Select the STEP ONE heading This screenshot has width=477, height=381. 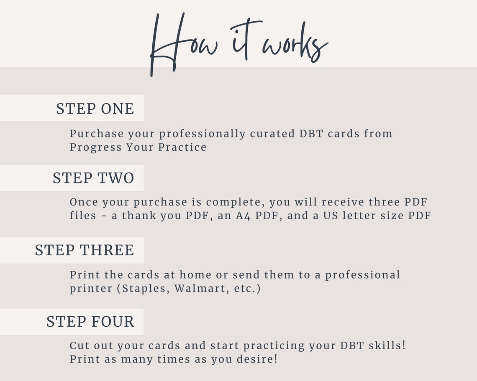point(95,109)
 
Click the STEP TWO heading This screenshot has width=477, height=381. point(93,178)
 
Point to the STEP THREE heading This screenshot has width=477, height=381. point(85,250)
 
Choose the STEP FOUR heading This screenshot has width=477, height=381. point(90,322)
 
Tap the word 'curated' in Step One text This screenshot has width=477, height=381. point(272,134)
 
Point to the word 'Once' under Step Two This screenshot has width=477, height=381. point(84,202)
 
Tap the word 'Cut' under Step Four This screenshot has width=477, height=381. point(79,346)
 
